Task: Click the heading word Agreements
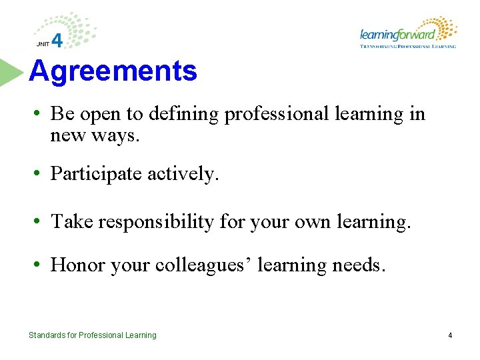tap(113, 71)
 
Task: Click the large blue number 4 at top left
tap(57, 41)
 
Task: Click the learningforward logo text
tap(397, 35)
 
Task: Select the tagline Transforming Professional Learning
tap(407, 47)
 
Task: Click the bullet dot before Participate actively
tap(40, 175)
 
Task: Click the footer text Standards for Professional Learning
tap(93, 335)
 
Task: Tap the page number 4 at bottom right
tap(450, 335)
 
